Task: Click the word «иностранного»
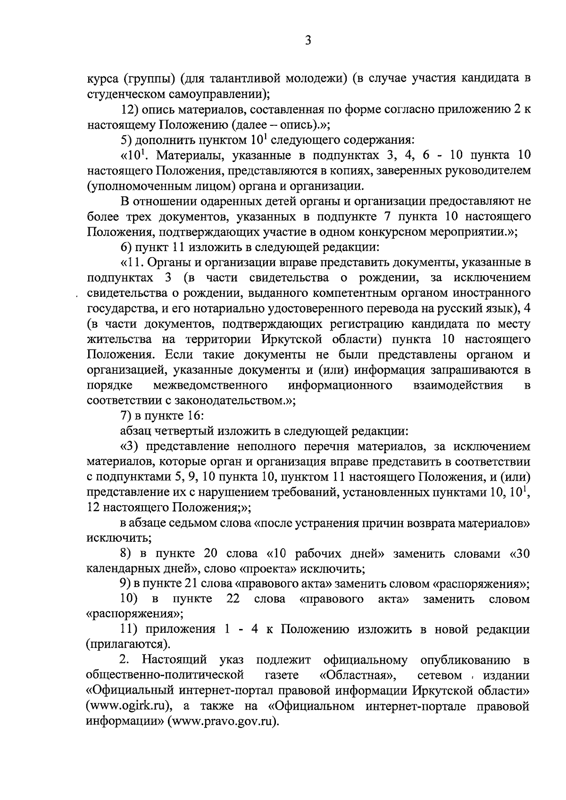[x=491, y=293]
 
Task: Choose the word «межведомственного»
[x=211, y=385]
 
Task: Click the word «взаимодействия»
[x=457, y=385]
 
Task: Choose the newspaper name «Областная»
[x=358, y=675]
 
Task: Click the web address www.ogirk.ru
[x=129, y=706]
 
